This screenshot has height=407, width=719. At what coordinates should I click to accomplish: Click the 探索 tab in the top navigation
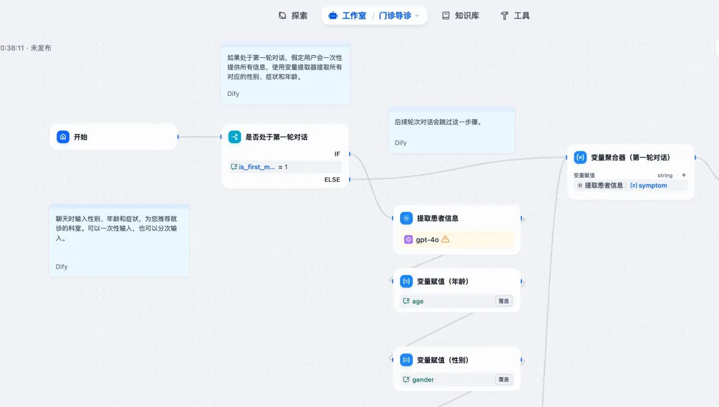coord(293,15)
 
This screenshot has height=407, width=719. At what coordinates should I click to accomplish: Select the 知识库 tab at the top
coord(461,15)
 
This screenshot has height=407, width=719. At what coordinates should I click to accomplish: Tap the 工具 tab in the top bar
coord(515,15)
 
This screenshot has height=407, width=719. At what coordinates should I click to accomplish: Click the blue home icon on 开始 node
coord(63,137)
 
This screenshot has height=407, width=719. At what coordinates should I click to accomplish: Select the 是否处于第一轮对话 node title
coord(276,137)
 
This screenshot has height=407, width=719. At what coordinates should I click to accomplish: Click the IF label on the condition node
coord(337,154)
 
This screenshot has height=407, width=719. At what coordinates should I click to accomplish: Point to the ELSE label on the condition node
coord(332,179)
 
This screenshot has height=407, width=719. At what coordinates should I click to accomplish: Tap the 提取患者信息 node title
coord(437,218)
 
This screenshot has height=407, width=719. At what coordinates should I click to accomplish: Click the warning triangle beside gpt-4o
coord(445,239)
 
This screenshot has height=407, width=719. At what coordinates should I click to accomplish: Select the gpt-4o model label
coord(427,239)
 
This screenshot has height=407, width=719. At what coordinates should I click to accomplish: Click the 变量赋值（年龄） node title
coord(443,281)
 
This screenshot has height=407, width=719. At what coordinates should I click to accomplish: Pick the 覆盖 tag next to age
coord(504,301)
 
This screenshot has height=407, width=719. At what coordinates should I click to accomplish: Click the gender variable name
coord(423,380)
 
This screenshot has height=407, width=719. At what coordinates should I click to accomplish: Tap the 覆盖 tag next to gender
coord(504,380)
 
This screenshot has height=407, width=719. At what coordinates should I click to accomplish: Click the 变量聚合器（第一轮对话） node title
coord(630,157)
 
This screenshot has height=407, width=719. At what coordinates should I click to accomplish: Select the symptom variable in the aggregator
coord(652,185)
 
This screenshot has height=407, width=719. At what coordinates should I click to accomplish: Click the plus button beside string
coord(684,175)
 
